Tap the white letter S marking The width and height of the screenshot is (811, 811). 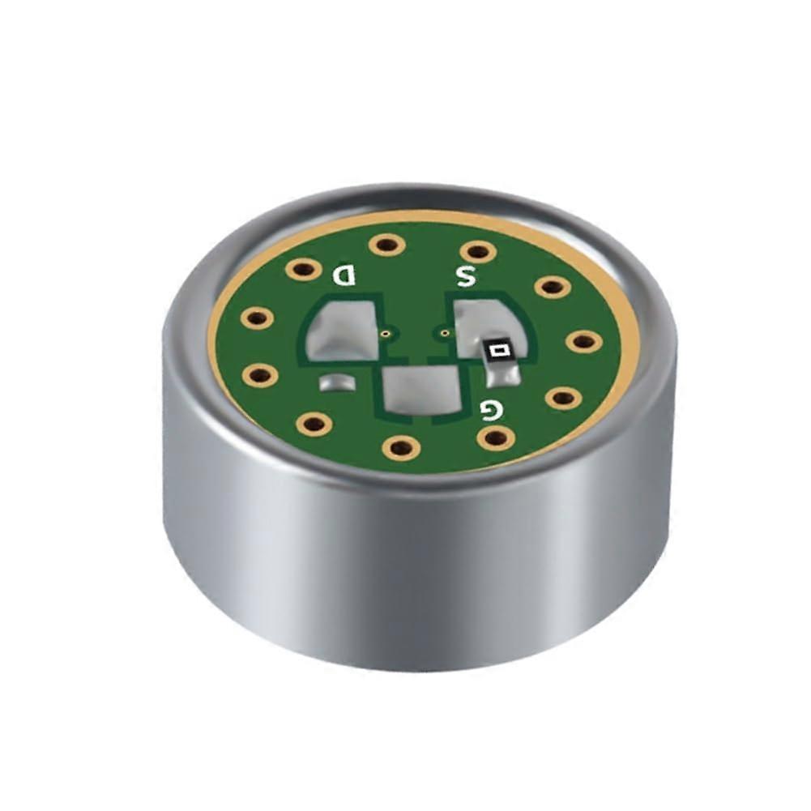click(465, 276)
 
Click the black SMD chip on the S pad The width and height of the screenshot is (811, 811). click(498, 351)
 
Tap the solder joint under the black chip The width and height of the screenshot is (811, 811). click(502, 376)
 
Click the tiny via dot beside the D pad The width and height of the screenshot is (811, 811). click(387, 332)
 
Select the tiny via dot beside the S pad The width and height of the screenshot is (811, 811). click(443, 332)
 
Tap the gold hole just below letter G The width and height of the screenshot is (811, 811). click(496, 438)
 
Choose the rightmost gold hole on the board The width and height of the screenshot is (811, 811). click(582, 340)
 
